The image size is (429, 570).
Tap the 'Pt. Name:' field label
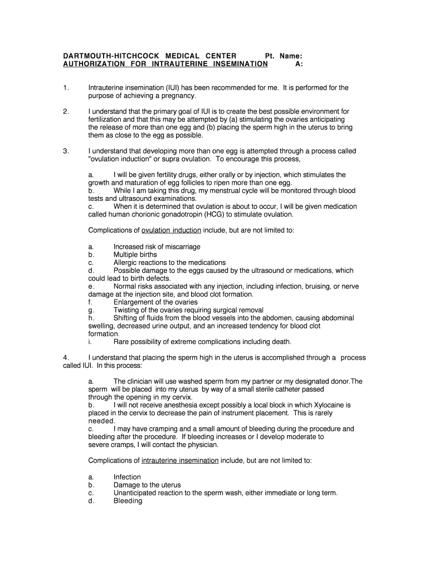tap(284, 56)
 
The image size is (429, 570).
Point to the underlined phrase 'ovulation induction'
tap(172, 230)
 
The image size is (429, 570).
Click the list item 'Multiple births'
tap(135, 254)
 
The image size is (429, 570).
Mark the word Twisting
tap(127, 310)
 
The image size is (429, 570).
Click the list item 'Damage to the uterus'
tap(147, 485)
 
